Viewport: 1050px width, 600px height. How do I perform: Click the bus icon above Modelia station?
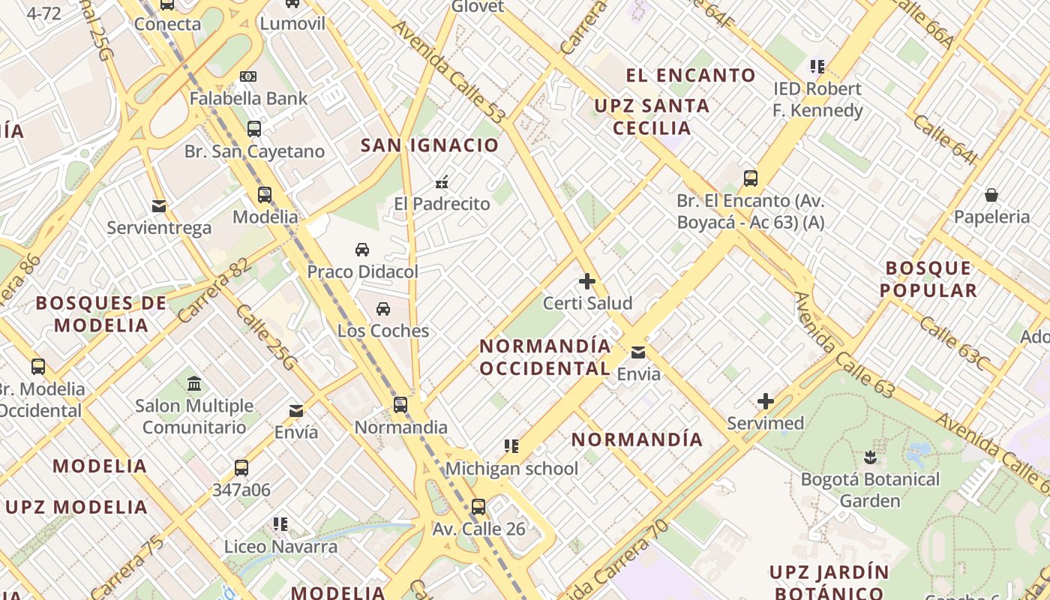(x=265, y=195)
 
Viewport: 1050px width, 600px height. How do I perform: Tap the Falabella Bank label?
(x=248, y=98)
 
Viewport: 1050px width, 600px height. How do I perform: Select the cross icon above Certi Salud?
(x=587, y=281)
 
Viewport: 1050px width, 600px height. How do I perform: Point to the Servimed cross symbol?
(x=765, y=401)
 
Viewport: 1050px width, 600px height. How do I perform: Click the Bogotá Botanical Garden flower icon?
(x=870, y=457)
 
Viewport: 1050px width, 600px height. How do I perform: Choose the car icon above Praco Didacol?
(x=362, y=249)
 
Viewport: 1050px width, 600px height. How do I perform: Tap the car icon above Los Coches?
(x=383, y=308)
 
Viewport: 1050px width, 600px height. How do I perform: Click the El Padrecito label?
(x=442, y=203)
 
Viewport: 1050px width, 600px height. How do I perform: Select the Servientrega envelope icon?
(x=159, y=205)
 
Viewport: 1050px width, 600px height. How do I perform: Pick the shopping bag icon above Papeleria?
(x=991, y=195)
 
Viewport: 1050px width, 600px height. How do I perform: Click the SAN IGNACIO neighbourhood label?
(x=430, y=145)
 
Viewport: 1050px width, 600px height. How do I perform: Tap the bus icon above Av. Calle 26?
(x=478, y=506)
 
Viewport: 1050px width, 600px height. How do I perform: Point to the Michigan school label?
(x=511, y=469)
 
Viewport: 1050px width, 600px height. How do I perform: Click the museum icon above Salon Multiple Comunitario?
(x=194, y=383)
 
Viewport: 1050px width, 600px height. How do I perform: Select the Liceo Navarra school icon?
(x=280, y=523)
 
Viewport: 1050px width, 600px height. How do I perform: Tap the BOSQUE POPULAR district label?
(x=928, y=279)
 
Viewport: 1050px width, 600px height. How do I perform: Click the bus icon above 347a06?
(x=241, y=468)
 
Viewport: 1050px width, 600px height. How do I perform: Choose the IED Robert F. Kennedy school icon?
(x=817, y=66)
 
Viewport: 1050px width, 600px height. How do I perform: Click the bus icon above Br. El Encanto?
(x=751, y=178)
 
